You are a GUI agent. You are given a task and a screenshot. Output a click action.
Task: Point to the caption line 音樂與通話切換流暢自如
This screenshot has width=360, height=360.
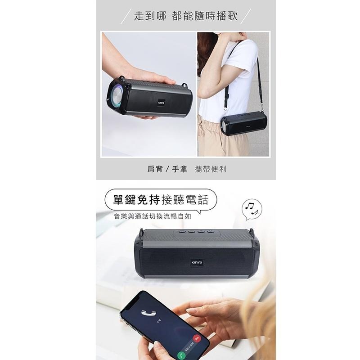153,216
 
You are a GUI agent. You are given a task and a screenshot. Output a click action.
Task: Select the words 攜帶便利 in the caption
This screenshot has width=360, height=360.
211,169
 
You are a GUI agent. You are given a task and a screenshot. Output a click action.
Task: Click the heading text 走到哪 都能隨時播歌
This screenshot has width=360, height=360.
186,16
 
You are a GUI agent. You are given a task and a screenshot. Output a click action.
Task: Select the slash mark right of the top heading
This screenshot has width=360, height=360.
245,17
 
